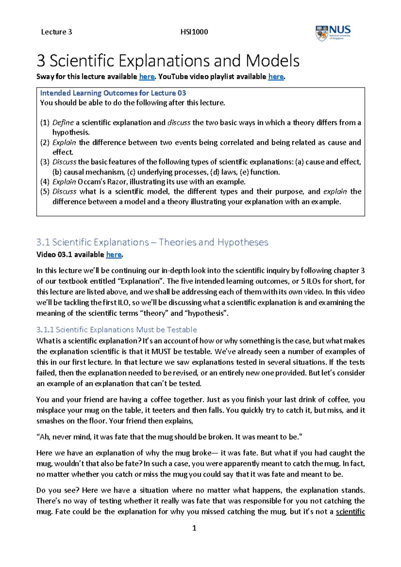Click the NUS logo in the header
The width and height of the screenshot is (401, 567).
[x=333, y=33]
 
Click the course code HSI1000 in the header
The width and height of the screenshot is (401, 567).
[x=194, y=32]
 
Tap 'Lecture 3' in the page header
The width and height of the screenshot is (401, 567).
[x=56, y=32]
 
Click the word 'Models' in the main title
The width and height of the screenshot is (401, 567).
[x=272, y=61]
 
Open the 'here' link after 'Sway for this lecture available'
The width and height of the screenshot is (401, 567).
[x=147, y=77]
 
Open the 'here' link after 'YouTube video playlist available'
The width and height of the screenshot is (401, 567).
[x=276, y=77]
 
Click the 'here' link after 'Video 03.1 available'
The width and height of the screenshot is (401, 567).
[x=114, y=255]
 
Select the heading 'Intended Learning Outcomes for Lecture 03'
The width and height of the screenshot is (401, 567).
[x=113, y=93]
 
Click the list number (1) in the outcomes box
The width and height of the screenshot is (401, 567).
[x=45, y=123]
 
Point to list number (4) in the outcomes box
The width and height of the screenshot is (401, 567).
[x=45, y=182]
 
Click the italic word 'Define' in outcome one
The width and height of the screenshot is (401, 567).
[x=63, y=123]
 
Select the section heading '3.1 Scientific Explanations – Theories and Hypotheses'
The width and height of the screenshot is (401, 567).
[x=152, y=242]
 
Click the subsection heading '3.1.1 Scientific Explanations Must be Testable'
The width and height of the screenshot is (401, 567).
[x=116, y=330]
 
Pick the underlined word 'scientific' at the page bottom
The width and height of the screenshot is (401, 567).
[x=350, y=512]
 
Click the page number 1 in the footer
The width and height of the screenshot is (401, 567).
[x=194, y=528]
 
